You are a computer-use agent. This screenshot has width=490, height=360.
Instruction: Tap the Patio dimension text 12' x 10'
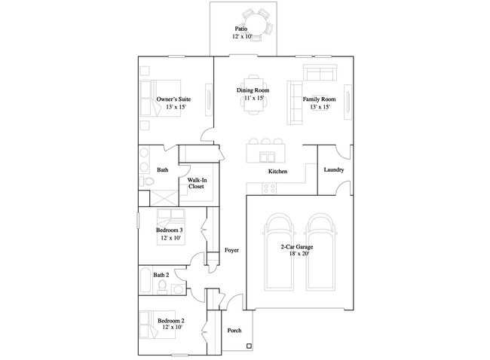coord(242,37)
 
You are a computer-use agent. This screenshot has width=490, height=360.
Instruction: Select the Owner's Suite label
coord(173,99)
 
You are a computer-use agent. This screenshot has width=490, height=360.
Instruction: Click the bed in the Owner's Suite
coord(161,99)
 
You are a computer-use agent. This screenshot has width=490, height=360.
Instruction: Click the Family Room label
coord(319,99)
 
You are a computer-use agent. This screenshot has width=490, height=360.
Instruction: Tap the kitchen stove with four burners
coord(269,188)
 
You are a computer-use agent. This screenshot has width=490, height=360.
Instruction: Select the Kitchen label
coord(277,172)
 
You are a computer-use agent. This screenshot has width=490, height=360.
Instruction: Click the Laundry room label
coord(334,170)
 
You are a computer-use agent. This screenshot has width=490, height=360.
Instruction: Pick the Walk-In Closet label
coord(197,183)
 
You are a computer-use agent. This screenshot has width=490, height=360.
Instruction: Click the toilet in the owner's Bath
coord(147,181)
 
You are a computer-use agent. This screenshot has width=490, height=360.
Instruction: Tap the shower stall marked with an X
coord(164,198)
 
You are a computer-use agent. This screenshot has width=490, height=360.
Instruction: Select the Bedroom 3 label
coord(170,230)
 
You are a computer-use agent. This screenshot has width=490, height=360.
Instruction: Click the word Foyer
coord(231,250)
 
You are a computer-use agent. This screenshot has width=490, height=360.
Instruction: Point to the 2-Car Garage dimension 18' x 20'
coord(299,254)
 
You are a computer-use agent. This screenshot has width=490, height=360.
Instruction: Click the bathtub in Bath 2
coord(145,279)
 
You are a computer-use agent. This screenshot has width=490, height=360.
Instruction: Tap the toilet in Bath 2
coord(162,287)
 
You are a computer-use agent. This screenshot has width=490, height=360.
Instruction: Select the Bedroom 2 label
coord(170,321)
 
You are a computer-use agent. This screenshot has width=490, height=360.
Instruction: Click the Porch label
coord(234,331)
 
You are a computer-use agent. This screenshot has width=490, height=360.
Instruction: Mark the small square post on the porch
coord(249,346)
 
